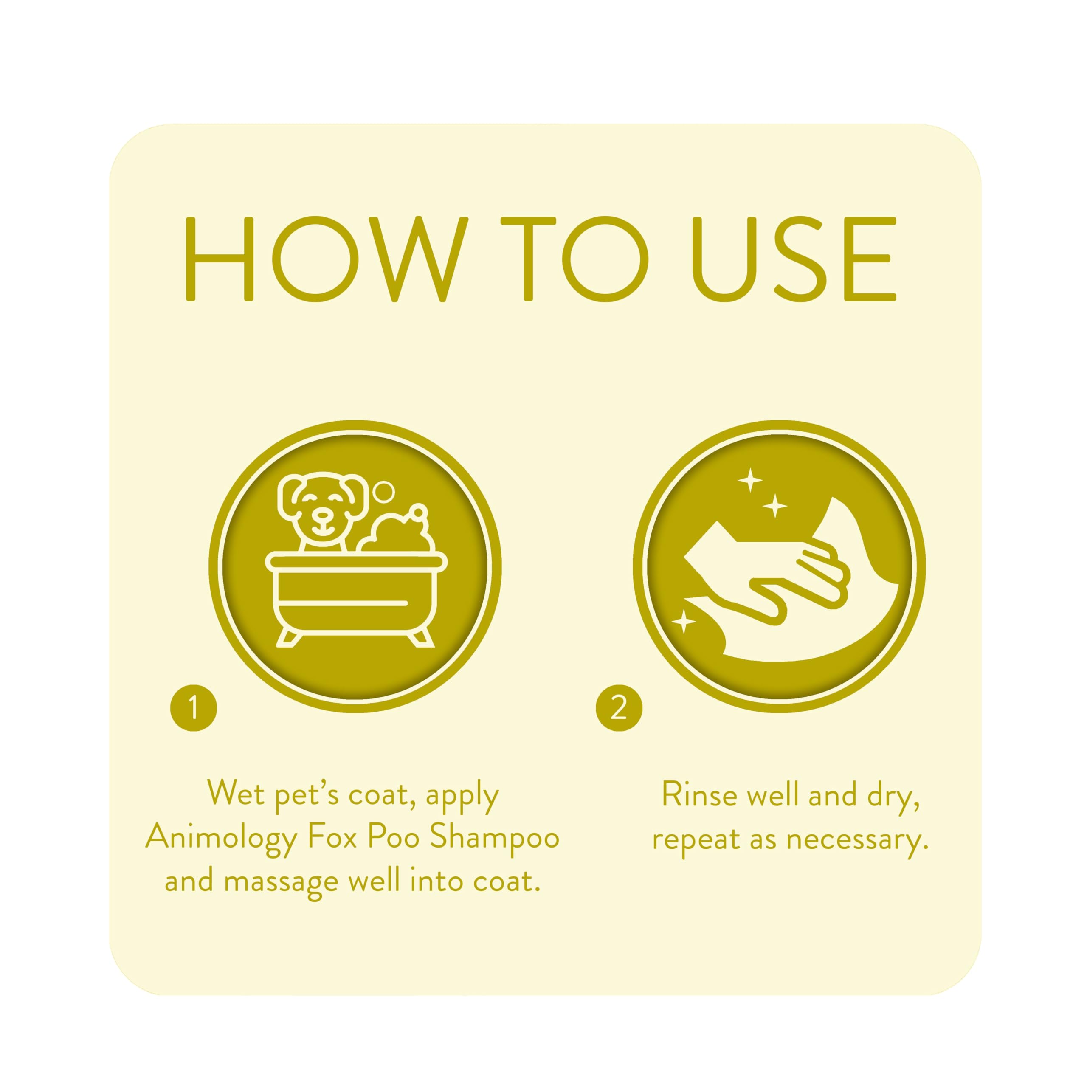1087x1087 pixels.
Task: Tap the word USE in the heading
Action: coord(793,259)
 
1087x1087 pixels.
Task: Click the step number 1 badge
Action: coord(194,708)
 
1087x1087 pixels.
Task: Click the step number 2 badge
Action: coord(619,708)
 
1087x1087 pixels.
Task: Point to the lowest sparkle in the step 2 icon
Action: coord(684,621)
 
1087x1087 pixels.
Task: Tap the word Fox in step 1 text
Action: coord(332,837)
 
